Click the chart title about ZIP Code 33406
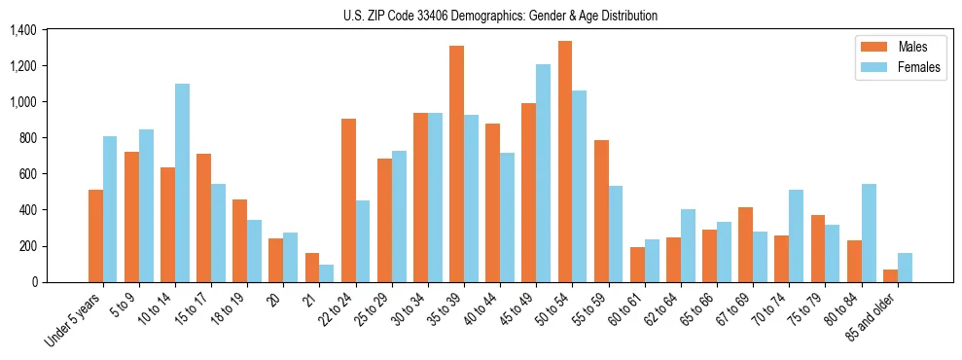click(x=500, y=16)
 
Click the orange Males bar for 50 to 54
click(x=565, y=162)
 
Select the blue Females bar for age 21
click(x=327, y=273)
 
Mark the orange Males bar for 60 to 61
click(x=637, y=265)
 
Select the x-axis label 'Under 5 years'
click(x=74, y=321)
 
